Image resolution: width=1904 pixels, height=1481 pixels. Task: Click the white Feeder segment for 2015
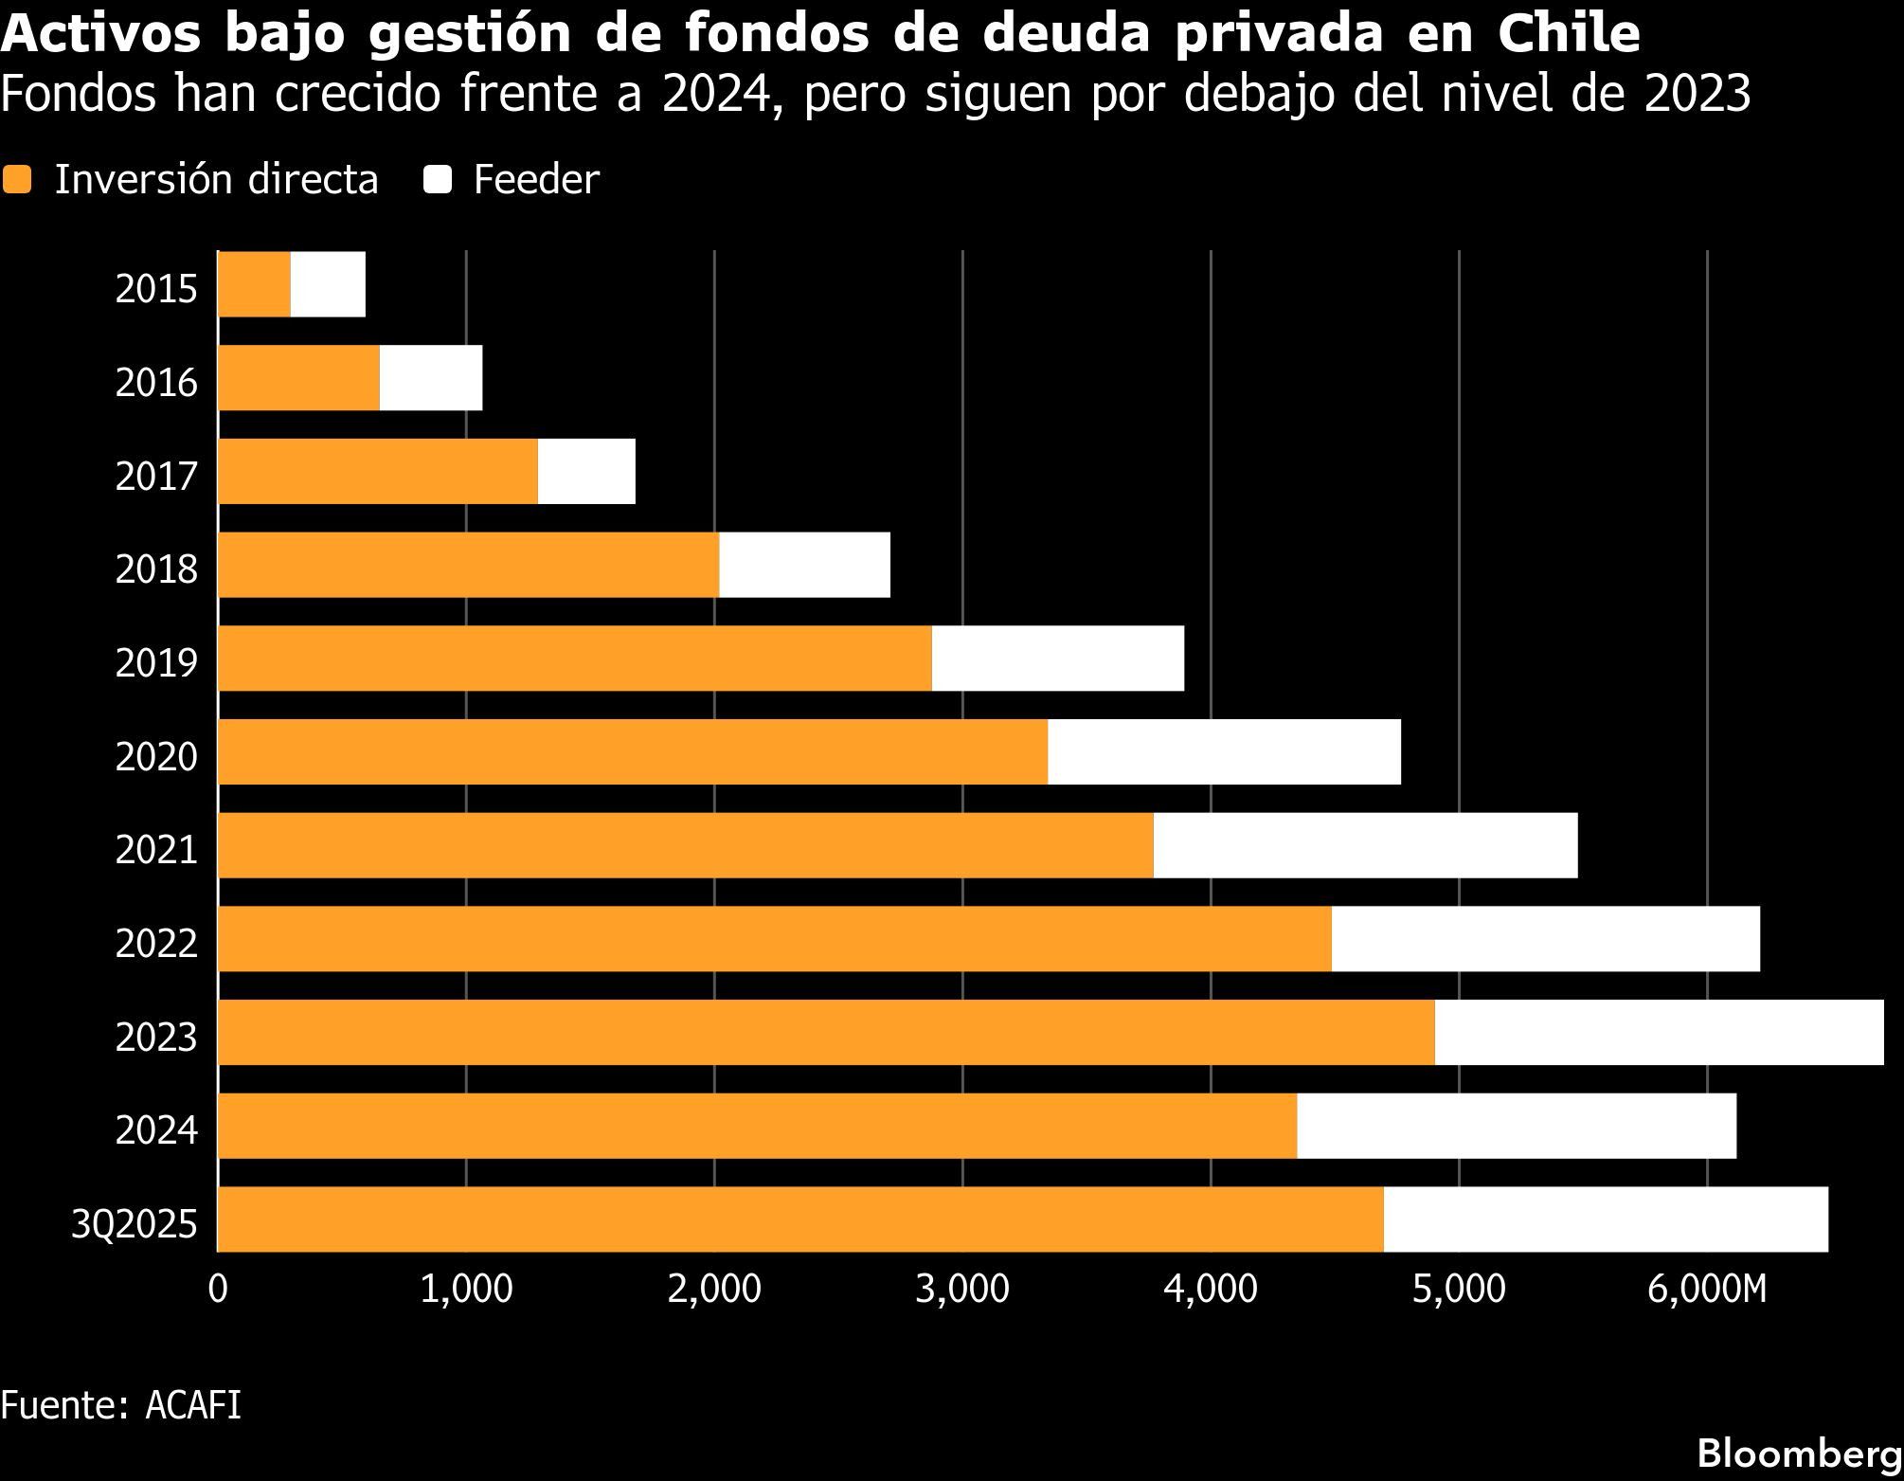click(328, 284)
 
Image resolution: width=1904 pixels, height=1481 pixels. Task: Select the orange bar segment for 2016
click(298, 378)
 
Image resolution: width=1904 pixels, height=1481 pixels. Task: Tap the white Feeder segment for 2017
click(586, 472)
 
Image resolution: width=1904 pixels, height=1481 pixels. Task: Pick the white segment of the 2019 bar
click(1057, 659)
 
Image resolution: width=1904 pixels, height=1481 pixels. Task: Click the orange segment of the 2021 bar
click(685, 845)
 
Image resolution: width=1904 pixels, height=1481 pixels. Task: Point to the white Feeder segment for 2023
click(1658, 1033)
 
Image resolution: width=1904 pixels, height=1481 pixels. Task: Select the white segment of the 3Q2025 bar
click(1605, 1219)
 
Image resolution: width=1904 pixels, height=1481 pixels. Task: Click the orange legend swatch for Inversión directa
click(17, 180)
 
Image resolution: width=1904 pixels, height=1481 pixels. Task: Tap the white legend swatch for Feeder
click(438, 180)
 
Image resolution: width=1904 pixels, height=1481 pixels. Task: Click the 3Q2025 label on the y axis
click(134, 1224)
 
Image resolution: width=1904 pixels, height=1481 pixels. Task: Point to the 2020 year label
click(156, 756)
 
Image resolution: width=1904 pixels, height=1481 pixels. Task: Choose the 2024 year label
click(156, 1129)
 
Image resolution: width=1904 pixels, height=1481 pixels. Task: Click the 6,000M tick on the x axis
click(1707, 1290)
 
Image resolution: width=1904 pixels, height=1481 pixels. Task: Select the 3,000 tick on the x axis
click(961, 1290)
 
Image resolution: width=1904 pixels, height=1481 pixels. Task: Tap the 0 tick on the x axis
click(218, 1290)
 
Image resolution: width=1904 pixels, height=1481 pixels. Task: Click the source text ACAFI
click(193, 1404)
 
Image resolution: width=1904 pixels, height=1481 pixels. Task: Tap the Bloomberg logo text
click(1799, 1453)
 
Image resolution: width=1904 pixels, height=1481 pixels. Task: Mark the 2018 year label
click(156, 569)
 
